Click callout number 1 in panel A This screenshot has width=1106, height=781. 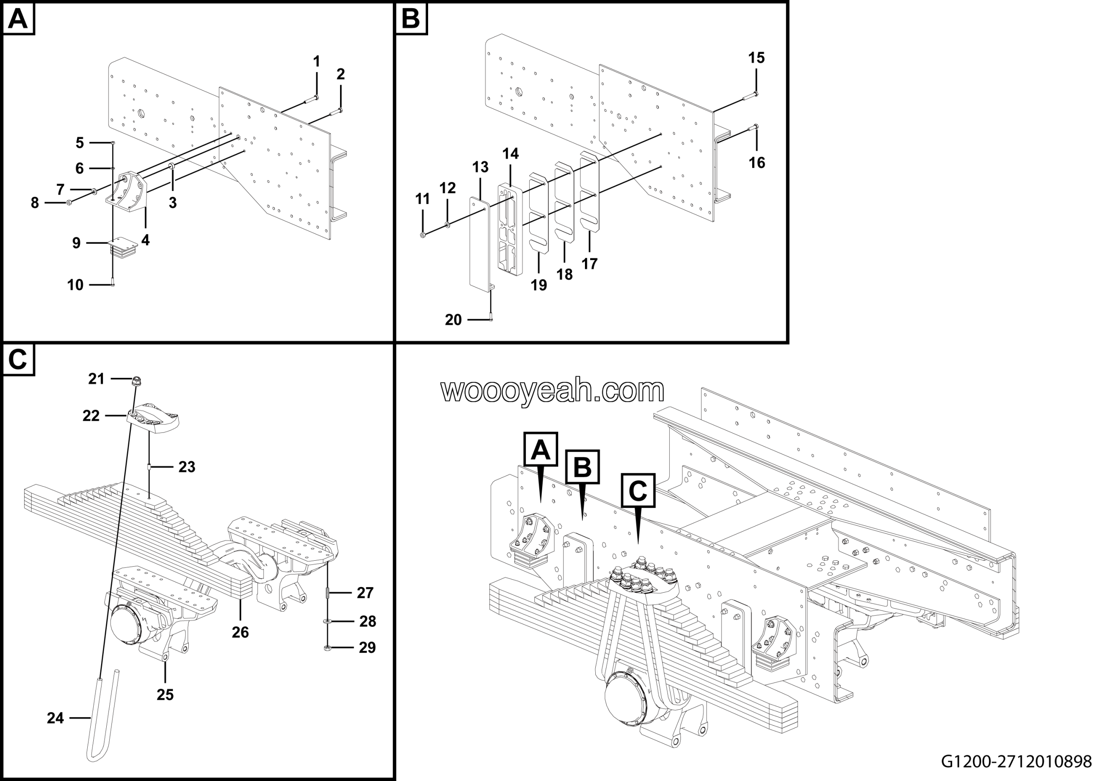[317, 62]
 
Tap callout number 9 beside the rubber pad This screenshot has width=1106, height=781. [76, 243]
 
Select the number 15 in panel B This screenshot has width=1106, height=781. [756, 58]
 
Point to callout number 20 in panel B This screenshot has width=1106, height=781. [453, 320]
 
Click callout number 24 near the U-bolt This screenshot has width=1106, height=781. [55, 718]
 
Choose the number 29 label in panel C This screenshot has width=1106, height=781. [368, 648]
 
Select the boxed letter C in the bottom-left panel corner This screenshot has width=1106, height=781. [18, 360]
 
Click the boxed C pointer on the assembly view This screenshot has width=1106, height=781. [638, 491]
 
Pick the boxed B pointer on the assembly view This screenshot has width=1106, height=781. [582, 467]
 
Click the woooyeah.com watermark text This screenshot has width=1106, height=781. [553, 390]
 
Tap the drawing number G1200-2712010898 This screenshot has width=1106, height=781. [1017, 762]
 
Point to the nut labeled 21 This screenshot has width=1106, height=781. [137, 381]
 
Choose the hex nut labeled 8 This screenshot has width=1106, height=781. [69, 203]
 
